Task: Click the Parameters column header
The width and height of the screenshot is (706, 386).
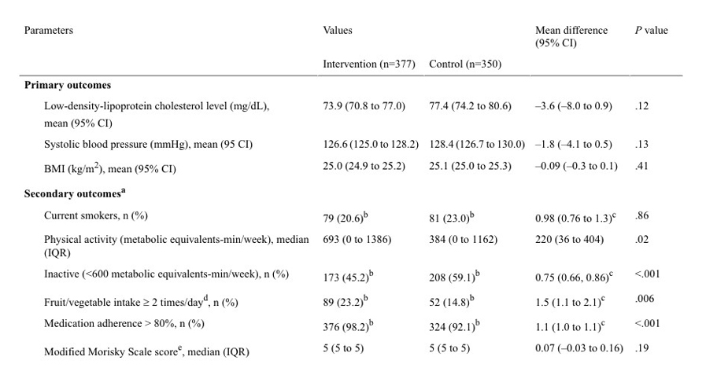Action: click(x=48, y=31)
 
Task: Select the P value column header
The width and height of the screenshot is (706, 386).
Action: click(x=651, y=31)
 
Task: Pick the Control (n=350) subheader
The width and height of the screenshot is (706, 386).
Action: click(x=464, y=64)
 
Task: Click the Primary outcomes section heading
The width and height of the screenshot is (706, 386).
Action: click(x=67, y=85)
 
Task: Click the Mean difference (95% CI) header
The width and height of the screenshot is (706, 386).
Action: click(x=571, y=36)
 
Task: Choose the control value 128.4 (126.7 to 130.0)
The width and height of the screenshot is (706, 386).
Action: click(x=477, y=145)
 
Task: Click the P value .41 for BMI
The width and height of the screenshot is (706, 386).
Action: click(x=641, y=166)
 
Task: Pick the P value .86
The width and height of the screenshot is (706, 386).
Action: click(x=641, y=215)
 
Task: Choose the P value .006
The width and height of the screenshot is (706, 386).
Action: click(x=644, y=299)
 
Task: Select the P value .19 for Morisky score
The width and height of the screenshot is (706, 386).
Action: click(x=641, y=347)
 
